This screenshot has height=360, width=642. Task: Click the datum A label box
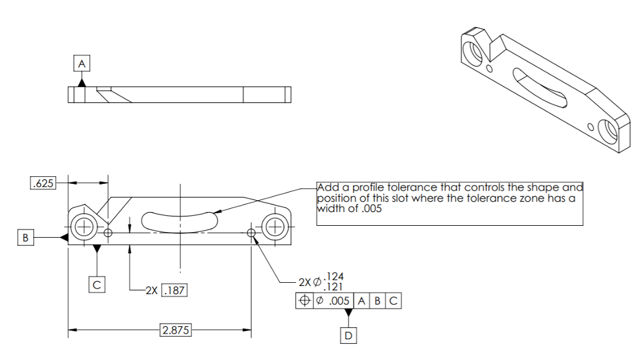coord(82,63)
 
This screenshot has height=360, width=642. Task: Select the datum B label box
coord(25,237)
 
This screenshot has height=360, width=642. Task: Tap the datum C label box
coord(96,284)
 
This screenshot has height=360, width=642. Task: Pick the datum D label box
coord(349,336)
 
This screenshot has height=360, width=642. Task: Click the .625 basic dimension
coord(43,183)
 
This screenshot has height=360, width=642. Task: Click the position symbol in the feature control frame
coord(304,301)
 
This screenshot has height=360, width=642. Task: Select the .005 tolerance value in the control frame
coord(339,301)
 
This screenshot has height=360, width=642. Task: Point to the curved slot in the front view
coord(179,220)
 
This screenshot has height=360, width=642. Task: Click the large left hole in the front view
coord(83,226)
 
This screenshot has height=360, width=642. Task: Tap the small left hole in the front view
coord(108,233)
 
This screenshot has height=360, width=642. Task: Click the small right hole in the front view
coord(251,233)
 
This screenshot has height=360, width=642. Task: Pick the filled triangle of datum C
coord(96,249)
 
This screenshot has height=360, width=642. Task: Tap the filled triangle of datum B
coord(63,237)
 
